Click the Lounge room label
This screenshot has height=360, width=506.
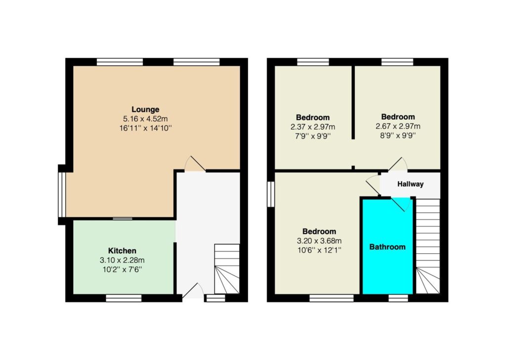click(145, 109)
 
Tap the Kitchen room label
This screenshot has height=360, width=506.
click(122, 251)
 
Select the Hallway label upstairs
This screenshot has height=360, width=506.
click(410, 184)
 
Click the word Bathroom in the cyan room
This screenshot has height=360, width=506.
click(387, 247)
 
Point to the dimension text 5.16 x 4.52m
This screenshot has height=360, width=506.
click(146, 119)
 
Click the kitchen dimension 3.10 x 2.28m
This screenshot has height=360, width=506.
click(123, 260)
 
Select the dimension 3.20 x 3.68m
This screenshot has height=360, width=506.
click(319, 241)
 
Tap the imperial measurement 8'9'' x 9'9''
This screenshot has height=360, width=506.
click(398, 135)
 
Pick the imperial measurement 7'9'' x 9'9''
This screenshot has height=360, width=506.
click(313, 136)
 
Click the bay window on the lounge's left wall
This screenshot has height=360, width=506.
click(62, 194)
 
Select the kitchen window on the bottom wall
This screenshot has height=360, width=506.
click(124, 298)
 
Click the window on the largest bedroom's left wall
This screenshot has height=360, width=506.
click(271, 194)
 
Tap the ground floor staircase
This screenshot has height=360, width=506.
click(227, 269)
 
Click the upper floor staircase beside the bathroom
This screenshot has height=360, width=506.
click(428, 246)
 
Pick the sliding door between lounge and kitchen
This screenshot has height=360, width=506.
click(123, 219)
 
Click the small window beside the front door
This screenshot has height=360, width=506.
click(215, 298)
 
